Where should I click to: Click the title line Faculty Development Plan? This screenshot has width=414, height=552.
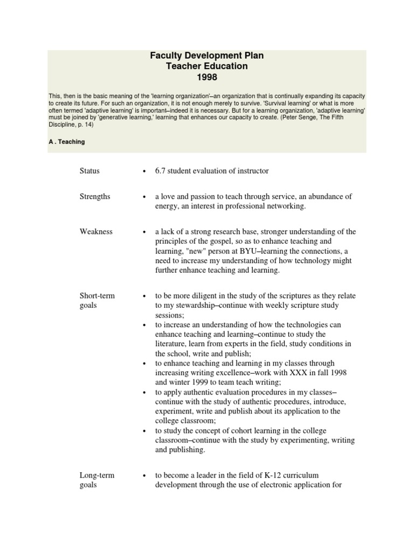(206, 56)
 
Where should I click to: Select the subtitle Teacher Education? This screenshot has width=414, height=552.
(206, 66)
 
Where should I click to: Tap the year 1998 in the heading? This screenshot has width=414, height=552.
(206, 77)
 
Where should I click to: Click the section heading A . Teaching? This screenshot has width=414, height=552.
(66, 142)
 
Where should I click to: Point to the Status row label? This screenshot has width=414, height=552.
(89, 171)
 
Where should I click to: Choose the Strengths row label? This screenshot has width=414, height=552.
(95, 197)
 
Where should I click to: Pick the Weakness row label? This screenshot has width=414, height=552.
(96, 232)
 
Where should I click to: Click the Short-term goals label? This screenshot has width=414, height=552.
(97, 301)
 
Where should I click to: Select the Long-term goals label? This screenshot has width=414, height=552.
(97, 480)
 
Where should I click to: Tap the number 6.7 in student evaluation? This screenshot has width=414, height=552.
(161, 171)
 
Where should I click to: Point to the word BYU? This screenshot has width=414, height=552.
(229, 251)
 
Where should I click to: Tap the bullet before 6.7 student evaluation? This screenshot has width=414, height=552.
(144, 171)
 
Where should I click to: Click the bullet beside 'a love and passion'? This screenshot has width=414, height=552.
(144, 197)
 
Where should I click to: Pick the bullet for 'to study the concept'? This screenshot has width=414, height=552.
(144, 431)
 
